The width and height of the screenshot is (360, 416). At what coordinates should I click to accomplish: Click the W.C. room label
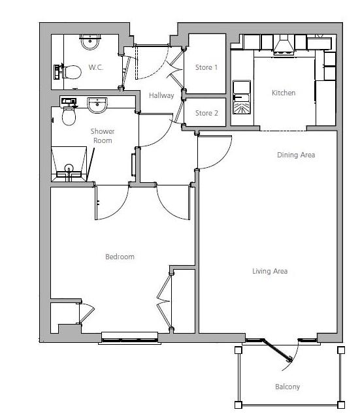[x=95, y=67]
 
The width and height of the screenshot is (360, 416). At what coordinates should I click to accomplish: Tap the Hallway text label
[x=161, y=96]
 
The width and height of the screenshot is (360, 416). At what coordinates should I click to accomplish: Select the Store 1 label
[x=206, y=67]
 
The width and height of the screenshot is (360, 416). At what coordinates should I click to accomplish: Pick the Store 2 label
[x=206, y=113]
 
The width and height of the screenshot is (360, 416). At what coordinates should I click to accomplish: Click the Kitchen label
[x=284, y=93]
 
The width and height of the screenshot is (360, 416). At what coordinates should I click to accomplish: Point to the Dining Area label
[x=296, y=155]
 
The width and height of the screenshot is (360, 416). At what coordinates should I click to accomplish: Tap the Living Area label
[x=270, y=271]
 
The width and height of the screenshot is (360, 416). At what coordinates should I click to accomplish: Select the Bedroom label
[x=120, y=257]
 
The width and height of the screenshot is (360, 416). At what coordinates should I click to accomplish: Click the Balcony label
[x=287, y=387]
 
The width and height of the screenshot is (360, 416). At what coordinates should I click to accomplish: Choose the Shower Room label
[x=102, y=136]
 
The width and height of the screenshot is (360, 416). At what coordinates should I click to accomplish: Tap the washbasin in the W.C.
[x=90, y=43]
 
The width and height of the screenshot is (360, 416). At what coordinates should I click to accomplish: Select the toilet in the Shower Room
[x=68, y=116]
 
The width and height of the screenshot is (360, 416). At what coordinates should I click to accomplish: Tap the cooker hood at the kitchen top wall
[x=283, y=44]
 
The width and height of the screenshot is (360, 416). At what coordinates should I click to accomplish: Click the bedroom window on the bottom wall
[x=129, y=337]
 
